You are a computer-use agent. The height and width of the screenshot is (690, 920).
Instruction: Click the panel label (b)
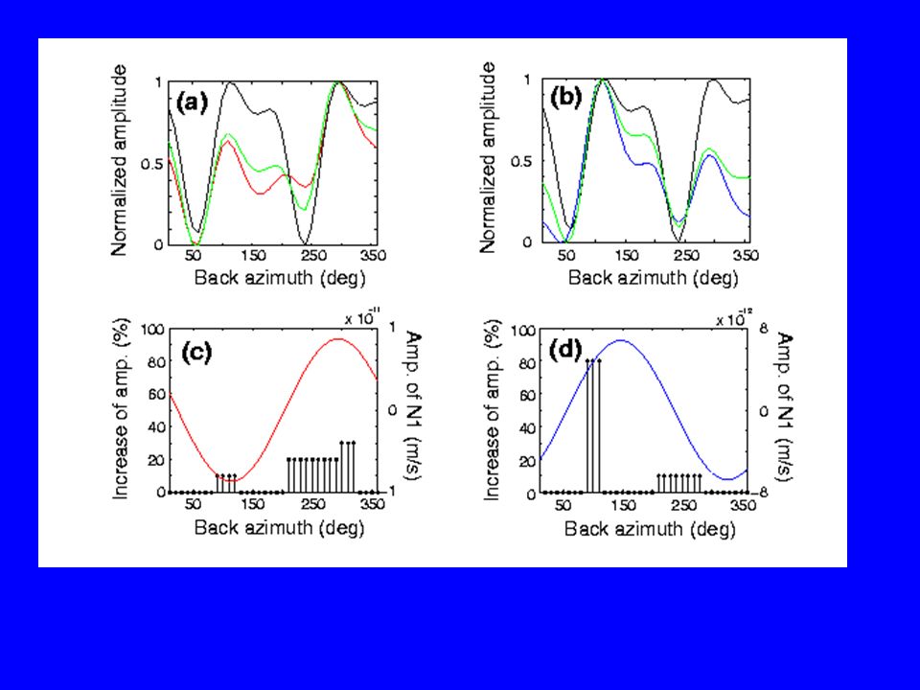point(565,98)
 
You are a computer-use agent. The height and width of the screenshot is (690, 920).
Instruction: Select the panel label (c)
point(195,353)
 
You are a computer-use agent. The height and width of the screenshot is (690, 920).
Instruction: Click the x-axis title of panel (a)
point(279,277)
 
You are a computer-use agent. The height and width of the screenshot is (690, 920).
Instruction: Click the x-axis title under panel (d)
point(650,529)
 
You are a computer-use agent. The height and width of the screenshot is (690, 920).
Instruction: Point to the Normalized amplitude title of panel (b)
point(488,158)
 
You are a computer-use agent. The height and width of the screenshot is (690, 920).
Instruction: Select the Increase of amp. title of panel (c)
point(121,409)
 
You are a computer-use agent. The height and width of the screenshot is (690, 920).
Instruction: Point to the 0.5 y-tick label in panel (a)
point(152,163)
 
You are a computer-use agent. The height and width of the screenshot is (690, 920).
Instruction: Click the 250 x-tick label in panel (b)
point(686,255)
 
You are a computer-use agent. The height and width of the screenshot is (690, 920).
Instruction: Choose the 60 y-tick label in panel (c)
point(156,394)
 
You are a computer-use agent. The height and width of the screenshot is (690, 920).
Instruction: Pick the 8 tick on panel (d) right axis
point(764,329)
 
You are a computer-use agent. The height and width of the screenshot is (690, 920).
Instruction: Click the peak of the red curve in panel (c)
point(338,338)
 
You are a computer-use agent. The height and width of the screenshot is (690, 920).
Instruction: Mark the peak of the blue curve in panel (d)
point(620,339)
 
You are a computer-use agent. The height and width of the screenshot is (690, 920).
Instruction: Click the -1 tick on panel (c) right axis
point(390,491)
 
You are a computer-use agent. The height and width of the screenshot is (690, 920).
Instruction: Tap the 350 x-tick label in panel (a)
point(373,255)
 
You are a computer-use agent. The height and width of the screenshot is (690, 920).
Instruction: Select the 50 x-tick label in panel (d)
point(563,505)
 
